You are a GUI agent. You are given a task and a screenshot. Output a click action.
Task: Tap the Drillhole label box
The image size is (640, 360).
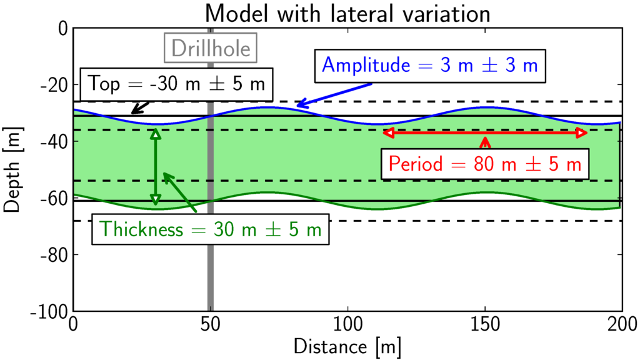pyautogui.click(x=211, y=48)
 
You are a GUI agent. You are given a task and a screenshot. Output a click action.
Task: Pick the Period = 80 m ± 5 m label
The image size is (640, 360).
pyautogui.click(x=485, y=164)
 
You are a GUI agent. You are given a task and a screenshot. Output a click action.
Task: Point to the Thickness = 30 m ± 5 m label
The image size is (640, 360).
pyautogui.click(x=211, y=229)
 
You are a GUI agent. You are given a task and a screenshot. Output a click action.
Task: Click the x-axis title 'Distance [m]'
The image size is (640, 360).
pyautogui.click(x=347, y=344)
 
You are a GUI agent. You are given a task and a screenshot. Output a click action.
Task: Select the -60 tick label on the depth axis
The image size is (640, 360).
pyautogui.click(x=53, y=198)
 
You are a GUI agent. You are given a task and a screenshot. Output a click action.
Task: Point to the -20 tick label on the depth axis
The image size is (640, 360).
pyautogui.click(x=53, y=85)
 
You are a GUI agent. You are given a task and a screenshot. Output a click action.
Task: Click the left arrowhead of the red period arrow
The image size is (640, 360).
pyautogui.click(x=387, y=132)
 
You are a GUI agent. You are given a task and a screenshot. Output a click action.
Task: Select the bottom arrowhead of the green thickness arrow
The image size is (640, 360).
pyautogui.click(x=156, y=200)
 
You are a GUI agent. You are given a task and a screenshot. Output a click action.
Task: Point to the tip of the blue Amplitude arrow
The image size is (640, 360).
pyautogui.click(x=297, y=106)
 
